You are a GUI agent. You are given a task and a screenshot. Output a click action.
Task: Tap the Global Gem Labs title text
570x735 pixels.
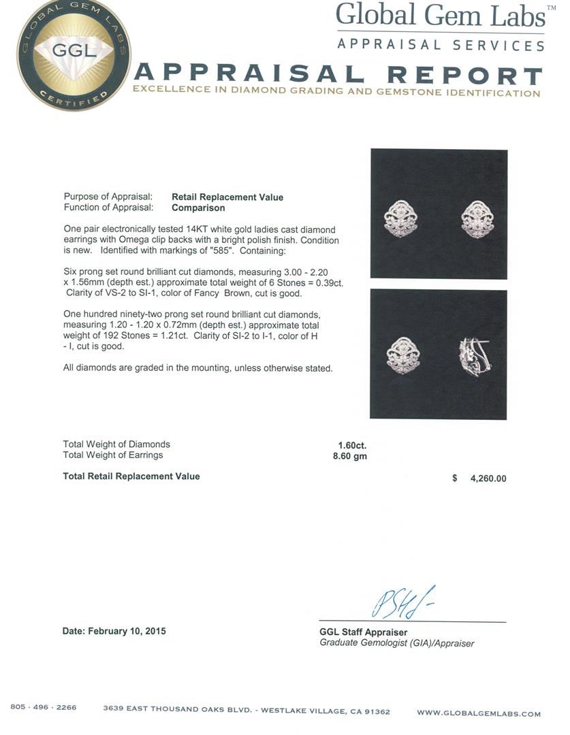tap(440, 16)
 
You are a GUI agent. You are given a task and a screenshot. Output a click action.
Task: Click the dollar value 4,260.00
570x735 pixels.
tap(488, 478)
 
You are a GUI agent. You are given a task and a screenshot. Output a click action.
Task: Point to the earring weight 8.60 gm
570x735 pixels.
tap(345, 456)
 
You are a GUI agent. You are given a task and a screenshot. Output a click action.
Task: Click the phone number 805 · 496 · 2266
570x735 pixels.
tap(44, 708)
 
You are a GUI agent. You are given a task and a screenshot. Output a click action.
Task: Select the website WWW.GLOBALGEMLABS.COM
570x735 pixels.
tap(478, 713)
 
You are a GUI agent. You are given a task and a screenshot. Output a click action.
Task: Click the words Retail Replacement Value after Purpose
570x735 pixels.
tap(227, 197)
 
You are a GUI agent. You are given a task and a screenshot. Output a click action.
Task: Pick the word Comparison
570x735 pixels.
tap(198, 208)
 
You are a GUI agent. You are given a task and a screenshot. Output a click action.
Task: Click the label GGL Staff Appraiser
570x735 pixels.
tap(364, 632)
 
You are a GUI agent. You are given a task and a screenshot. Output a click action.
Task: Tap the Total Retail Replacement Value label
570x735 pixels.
tap(131, 476)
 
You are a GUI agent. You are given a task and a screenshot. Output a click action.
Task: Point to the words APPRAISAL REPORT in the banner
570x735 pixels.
tap(338, 75)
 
